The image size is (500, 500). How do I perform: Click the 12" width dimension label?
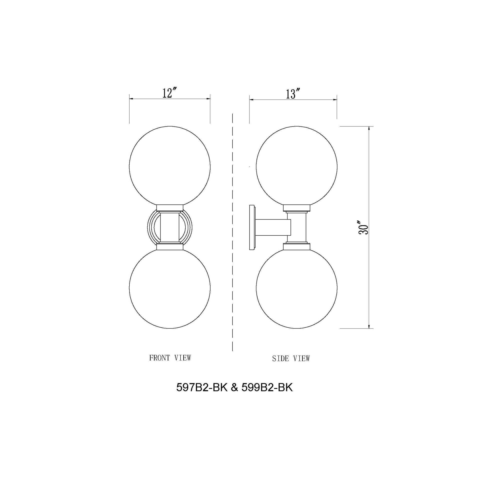[x=169, y=93]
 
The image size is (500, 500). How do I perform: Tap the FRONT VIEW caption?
[x=170, y=358]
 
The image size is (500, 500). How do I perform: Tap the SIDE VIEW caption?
[x=291, y=359]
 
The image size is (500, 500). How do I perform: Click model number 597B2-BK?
[x=201, y=395]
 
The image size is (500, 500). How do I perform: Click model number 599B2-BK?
[x=267, y=395]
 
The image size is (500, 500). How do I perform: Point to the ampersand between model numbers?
[x=234, y=395]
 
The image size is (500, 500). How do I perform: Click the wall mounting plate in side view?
[x=252, y=227]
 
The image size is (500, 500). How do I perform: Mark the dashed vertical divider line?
[x=232, y=233]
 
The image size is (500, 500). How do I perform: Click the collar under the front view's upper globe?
[x=170, y=207]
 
